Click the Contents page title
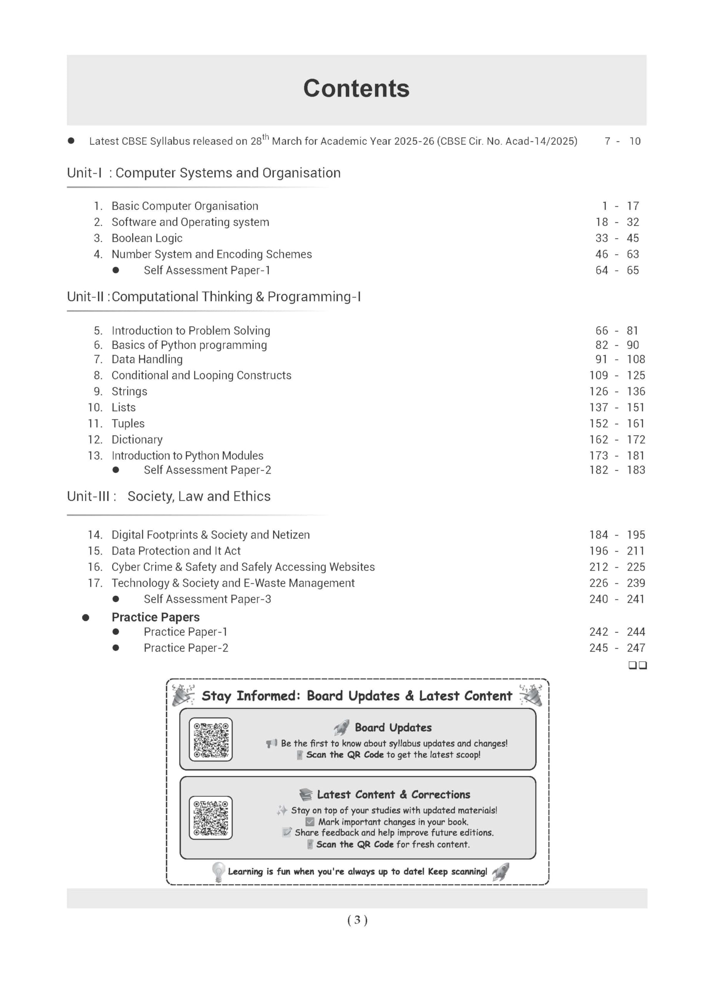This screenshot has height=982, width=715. pos(356,89)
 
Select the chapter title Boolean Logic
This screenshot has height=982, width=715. pos(147,238)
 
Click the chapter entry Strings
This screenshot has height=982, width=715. pos(129,391)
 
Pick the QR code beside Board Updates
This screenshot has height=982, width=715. pos(210,740)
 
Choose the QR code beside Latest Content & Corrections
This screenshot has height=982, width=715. pos(210,818)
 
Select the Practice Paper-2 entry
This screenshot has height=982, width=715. pos(186,648)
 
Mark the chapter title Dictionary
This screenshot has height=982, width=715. pos(137,440)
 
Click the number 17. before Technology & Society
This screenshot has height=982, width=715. pos(95,583)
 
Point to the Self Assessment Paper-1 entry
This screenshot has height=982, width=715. pos(207,270)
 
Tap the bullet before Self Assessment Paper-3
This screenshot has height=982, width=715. pos(116,599)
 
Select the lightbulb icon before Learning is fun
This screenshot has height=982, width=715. pos(218,872)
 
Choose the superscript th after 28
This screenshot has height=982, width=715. pos(266,137)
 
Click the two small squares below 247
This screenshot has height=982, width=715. pos(637,665)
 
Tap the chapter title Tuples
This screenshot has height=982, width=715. pos(128,423)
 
